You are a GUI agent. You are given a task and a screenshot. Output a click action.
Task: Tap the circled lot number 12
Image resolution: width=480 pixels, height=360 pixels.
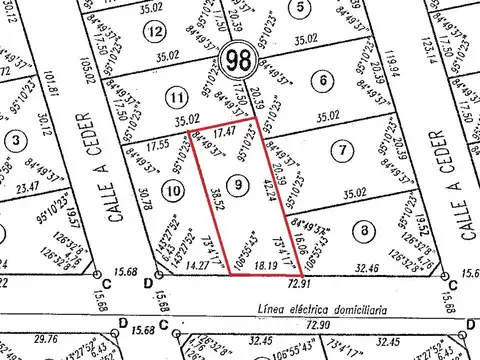[153, 31]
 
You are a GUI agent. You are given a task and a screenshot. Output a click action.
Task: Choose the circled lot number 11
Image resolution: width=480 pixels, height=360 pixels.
[177, 98]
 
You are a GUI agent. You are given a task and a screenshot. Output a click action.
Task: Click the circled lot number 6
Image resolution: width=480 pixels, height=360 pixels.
[320, 80]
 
